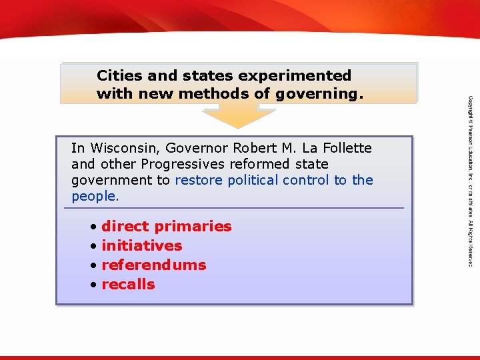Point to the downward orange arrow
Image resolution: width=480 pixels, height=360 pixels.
(x=239, y=115)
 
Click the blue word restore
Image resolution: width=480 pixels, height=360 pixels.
(x=199, y=180)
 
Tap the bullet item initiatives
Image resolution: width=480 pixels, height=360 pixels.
(x=141, y=246)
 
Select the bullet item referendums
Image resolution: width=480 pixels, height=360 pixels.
(x=153, y=265)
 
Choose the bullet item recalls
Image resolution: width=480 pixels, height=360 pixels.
(x=128, y=285)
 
